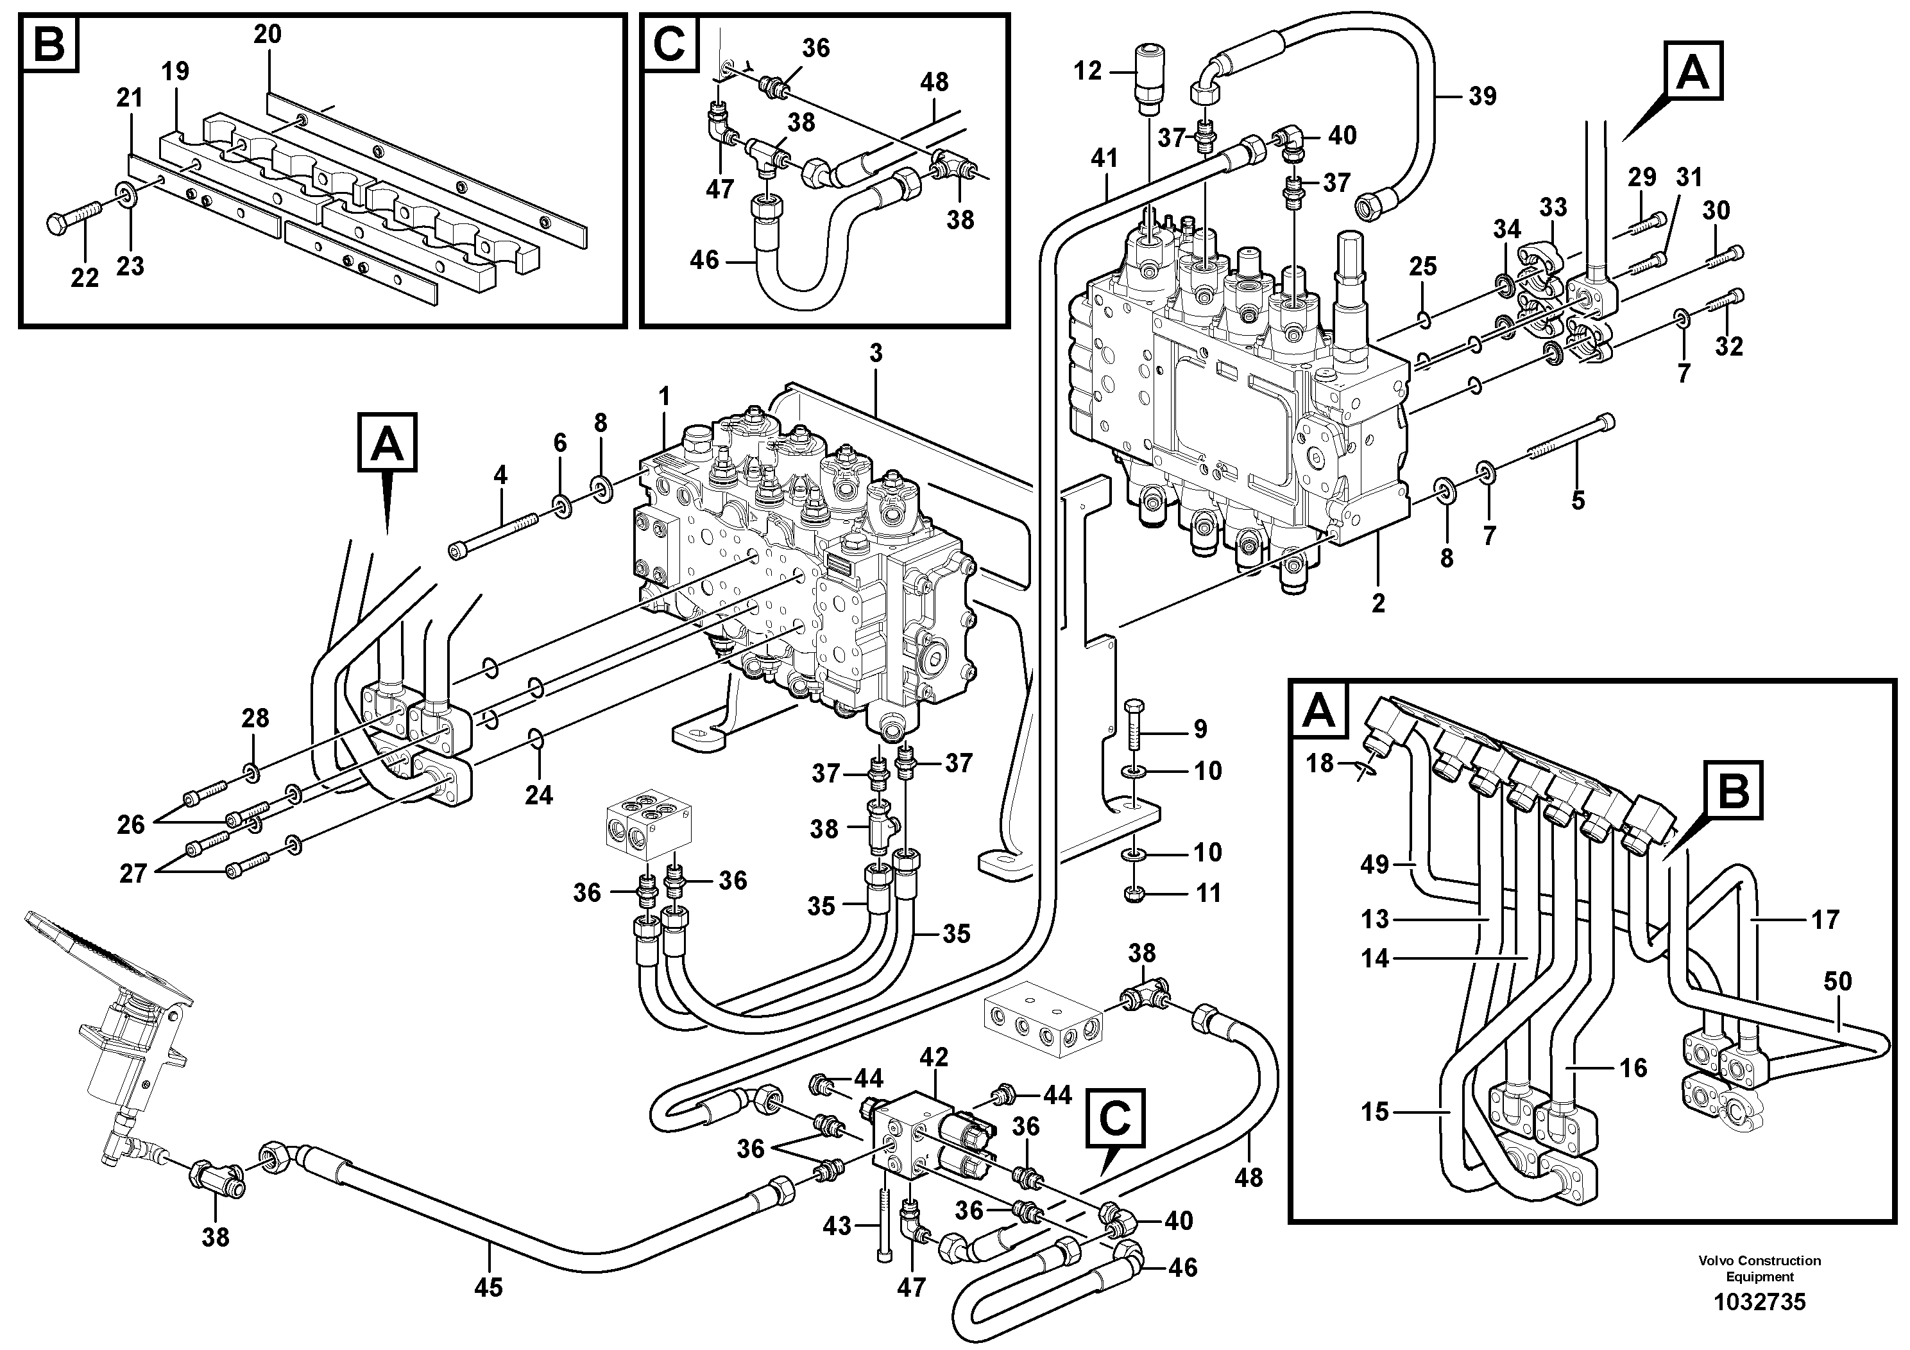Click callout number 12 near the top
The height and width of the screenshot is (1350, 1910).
click(1087, 71)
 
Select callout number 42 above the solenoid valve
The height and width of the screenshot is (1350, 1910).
click(934, 1058)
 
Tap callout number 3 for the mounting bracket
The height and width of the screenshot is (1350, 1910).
click(875, 354)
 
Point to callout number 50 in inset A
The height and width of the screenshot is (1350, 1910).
click(1838, 982)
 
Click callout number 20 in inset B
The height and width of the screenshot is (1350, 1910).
click(268, 35)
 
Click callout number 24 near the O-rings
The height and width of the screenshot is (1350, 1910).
click(539, 795)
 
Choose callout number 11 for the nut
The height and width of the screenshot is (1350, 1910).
click(1208, 894)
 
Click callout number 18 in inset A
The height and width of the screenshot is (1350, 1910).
click(1319, 763)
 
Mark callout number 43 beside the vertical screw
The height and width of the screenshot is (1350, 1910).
click(837, 1226)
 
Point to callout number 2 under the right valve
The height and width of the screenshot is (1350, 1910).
click(1378, 603)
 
